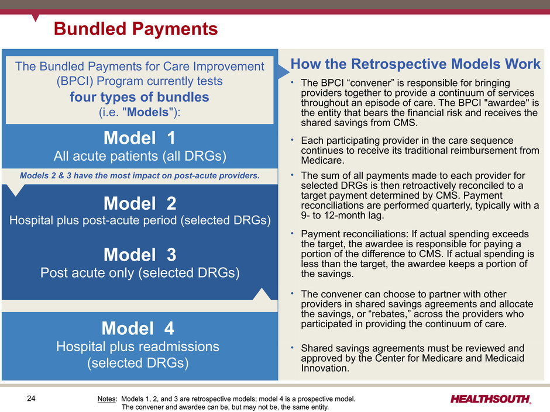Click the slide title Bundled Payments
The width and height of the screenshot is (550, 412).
click(x=136, y=29)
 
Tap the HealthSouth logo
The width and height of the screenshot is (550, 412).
click(x=491, y=399)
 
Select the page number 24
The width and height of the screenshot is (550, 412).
click(x=31, y=399)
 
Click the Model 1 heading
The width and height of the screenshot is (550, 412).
click(x=139, y=138)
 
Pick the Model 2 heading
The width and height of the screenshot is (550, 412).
click(x=140, y=203)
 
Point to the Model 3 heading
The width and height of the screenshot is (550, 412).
click(x=140, y=255)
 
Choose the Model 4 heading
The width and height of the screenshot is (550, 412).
click(x=138, y=328)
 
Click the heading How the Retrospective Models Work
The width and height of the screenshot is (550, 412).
click(x=415, y=64)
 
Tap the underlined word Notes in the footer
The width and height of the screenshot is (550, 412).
click(x=107, y=399)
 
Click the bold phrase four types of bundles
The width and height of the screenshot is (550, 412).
click(x=139, y=97)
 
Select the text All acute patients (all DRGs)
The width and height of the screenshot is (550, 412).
click(x=140, y=156)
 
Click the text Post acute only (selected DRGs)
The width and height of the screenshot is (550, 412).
click(x=140, y=272)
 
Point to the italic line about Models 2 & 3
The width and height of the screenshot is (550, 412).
click(x=140, y=175)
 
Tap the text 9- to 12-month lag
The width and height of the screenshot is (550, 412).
click(x=342, y=215)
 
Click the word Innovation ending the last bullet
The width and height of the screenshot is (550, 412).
click(x=325, y=368)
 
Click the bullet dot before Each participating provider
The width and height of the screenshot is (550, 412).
click(x=292, y=140)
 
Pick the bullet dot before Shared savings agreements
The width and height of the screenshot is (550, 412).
click(x=292, y=348)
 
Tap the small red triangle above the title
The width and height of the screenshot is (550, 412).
click(x=35, y=18)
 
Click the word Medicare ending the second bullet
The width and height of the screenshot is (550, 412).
click(x=322, y=161)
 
